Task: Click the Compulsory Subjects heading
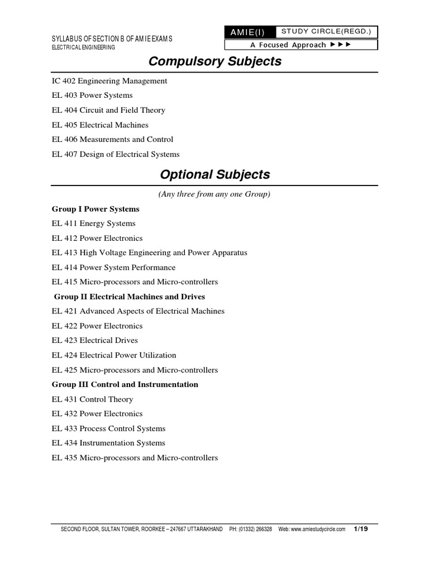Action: point(214,61)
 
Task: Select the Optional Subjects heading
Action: point(214,175)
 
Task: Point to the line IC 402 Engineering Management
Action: point(109,81)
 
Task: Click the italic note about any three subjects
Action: point(214,194)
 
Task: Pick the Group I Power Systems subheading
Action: point(96,209)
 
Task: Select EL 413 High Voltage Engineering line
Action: point(149,252)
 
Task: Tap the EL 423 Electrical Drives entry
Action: point(94,340)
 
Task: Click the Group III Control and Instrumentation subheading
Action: point(125,384)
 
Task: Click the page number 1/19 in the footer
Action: point(361,528)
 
